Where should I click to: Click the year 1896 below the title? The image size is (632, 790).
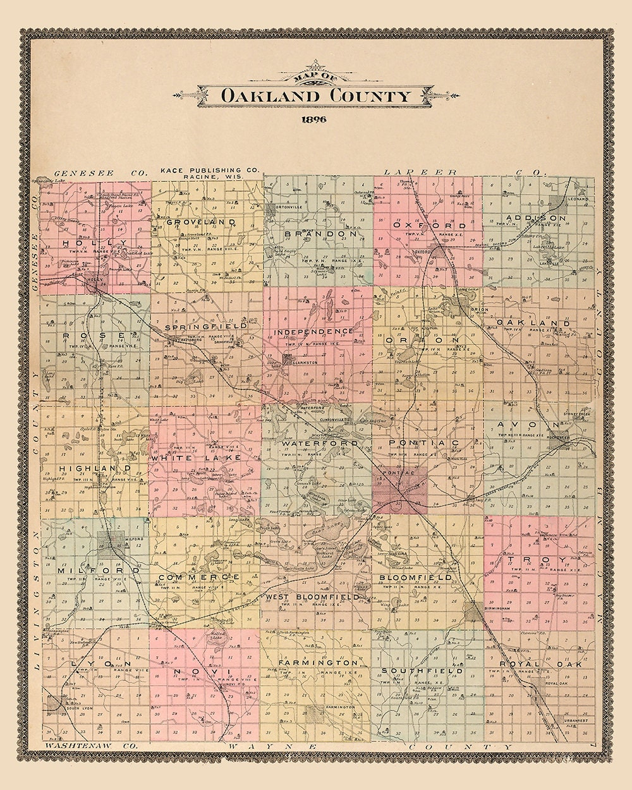(314, 121)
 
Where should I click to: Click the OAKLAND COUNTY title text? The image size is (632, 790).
(315, 96)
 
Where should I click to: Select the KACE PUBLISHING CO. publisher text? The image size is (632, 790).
(210, 171)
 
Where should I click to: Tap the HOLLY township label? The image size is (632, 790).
(95, 243)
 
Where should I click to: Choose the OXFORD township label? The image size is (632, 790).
(429, 225)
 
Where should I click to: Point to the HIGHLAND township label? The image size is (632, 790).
(95, 468)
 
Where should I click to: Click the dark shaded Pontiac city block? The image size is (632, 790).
(399, 487)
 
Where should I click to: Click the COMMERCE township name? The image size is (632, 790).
(198, 577)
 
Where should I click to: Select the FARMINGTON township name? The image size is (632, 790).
(319, 662)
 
